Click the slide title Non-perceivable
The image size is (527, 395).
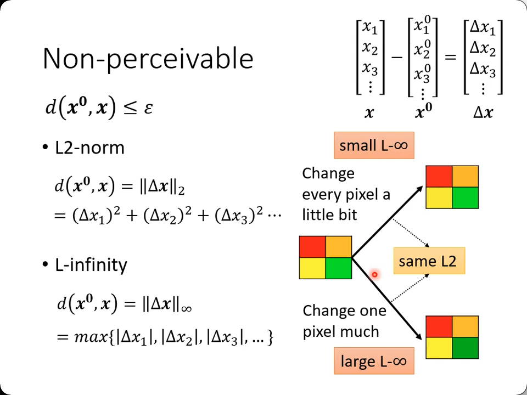[148, 58]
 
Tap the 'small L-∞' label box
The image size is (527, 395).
[373, 145]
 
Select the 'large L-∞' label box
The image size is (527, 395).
[373, 362]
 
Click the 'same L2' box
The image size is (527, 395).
[428, 261]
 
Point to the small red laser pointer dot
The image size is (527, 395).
[374, 274]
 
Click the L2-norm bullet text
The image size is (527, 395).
[89, 148]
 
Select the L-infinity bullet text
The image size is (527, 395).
[91, 264]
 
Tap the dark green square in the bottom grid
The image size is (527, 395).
[466, 347]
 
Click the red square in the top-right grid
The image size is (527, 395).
[439, 177]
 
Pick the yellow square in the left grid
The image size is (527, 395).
[312, 268]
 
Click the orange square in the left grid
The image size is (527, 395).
[339, 247]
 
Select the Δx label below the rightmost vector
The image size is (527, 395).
[483, 113]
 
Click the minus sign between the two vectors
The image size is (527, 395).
[396, 57]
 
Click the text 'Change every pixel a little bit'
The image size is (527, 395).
[346, 194]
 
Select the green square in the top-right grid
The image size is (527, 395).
[466, 198]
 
